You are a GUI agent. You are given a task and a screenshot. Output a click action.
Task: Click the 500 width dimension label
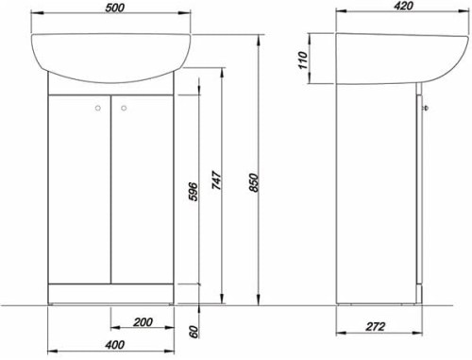tap(114, 8)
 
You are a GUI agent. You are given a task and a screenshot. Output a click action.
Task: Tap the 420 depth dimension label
tap(404, 6)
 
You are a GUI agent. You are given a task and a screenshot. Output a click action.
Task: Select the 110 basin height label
tap(302, 60)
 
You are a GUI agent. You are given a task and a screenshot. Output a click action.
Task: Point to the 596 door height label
tap(193, 192)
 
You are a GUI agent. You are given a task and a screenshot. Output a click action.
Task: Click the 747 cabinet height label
tap(217, 180)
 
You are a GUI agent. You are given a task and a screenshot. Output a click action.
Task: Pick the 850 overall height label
tap(254, 182)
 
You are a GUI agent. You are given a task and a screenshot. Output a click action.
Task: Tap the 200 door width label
tap(143, 322)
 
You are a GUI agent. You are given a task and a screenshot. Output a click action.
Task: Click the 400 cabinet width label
tap(114, 345)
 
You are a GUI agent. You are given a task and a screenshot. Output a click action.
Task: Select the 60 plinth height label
tap(194, 332)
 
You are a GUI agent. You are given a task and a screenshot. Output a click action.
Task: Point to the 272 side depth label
tap(375, 326)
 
